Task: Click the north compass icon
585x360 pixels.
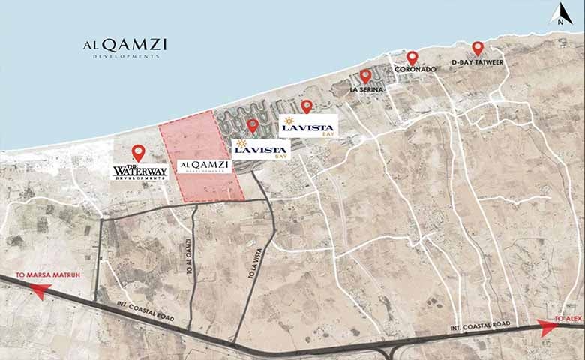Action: pos(559,15)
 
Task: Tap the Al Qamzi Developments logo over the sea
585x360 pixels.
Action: pos(124,46)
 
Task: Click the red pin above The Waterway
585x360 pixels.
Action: pos(138,152)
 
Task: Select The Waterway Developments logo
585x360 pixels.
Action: pos(138,172)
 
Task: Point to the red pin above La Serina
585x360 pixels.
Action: pos(365,76)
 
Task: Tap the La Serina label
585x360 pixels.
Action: pos(367,89)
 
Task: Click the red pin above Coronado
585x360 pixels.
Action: pos(412,58)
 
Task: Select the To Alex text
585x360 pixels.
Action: pos(568,319)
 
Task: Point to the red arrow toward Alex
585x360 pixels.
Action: pos(550,325)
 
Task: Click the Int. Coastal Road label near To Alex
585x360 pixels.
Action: pos(480,324)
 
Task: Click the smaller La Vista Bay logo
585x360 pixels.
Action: pos(261,149)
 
